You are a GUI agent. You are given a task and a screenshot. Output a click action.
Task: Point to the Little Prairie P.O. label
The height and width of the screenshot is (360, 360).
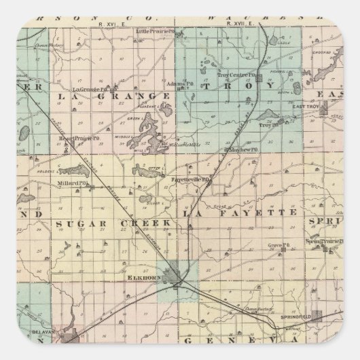pyautogui.click(x=151, y=31)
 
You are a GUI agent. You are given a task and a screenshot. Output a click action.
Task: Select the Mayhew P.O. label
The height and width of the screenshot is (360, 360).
pyautogui.click(x=243, y=148)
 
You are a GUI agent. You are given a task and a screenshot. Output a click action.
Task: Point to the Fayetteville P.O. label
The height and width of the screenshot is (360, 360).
pyautogui.click(x=192, y=180)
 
